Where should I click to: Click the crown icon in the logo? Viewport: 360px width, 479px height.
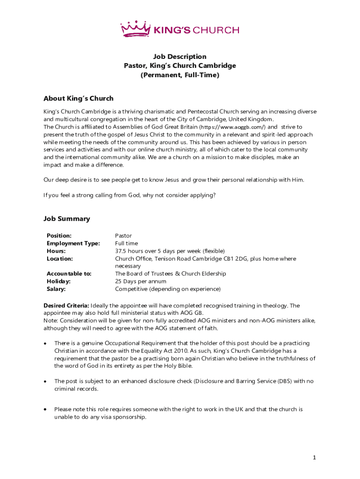click(137, 29)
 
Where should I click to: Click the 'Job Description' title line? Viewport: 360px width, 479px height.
click(180, 57)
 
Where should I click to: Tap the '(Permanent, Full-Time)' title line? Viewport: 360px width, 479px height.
click(180, 75)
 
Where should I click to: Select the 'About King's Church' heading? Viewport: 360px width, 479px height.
click(79, 99)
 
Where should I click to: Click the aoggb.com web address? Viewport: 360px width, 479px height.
click(233, 127)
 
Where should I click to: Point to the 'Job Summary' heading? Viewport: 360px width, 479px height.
click(67, 219)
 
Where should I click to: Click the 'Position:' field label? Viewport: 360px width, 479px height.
click(59, 236)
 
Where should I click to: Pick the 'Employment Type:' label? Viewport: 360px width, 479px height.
click(73, 243)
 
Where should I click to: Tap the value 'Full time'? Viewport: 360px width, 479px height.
click(126, 243)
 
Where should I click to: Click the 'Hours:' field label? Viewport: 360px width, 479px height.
click(56, 251)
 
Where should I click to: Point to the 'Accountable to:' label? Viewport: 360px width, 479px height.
click(69, 274)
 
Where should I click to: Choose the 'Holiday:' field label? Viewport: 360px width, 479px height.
click(58, 281)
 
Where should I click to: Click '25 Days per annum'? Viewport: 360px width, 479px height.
click(141, 281)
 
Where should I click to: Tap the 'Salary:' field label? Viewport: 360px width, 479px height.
click(56, 289)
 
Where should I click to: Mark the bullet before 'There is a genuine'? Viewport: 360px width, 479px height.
click(45, 343)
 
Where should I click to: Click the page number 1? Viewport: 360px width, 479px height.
click(315, 457)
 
